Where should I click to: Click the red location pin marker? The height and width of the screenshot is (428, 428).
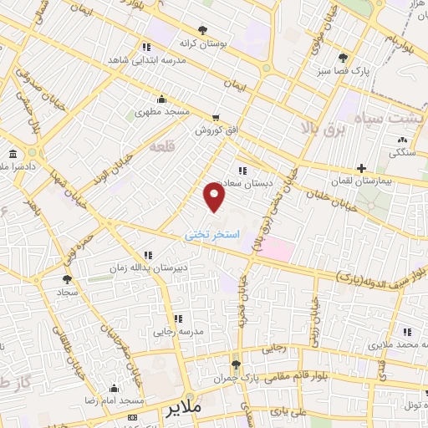pyautogui.click(x=215, y=196)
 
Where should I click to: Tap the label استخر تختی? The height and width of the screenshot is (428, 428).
pyautogui.click(x=212, y=235)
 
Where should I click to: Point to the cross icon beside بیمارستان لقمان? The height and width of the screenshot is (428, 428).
pyautogui.click(x=361, y=169)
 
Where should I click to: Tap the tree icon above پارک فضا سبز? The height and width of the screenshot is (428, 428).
pyautogui.click(x=343, y=58)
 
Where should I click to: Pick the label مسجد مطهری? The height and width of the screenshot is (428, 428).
pyautogui.click(x=165, y=111)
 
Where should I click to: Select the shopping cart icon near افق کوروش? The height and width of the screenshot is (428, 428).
pyautogui.click(x=217, y=118)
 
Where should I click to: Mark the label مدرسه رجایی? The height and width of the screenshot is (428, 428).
pyautogui.click(x=177, y=332)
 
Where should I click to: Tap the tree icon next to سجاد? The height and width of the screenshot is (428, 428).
pyautogui.click(x=68, y=280)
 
